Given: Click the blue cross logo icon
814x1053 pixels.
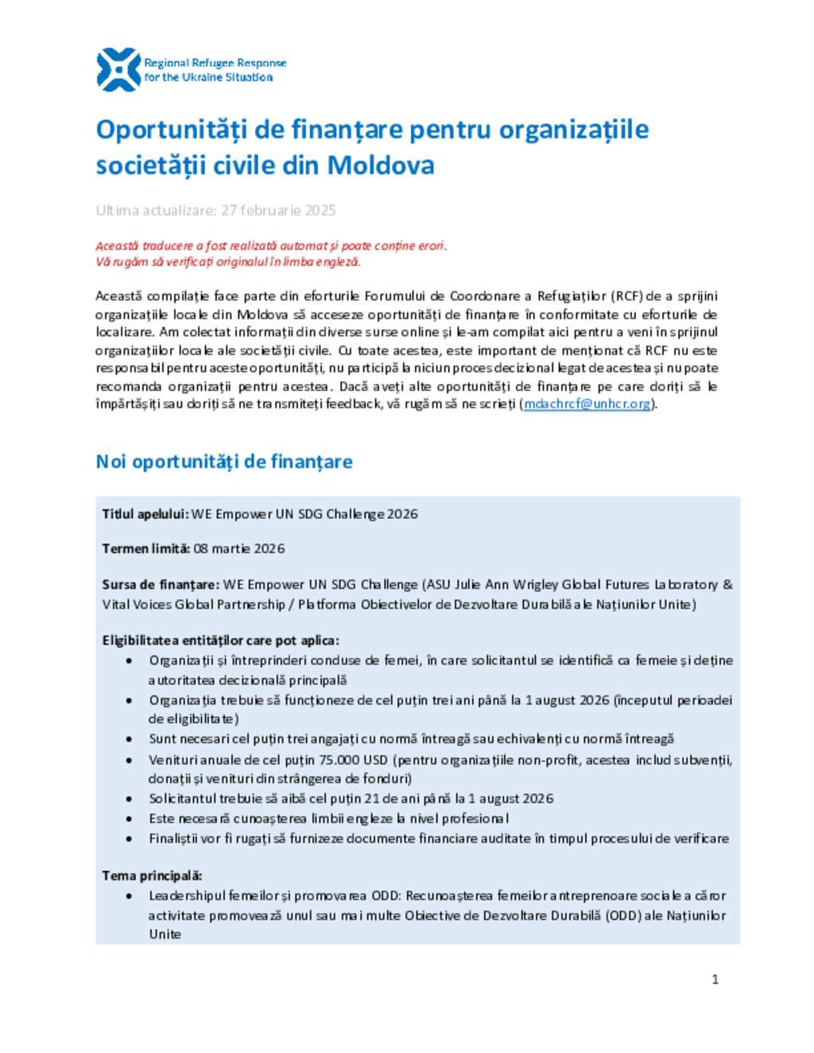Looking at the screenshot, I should click(x=118, y=70).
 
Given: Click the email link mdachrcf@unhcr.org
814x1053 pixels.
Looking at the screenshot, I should click(x=587, y=404).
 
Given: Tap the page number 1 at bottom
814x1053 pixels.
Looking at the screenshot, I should click(x=715, y=979).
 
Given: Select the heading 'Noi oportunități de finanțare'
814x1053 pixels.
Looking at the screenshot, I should click(x=224, y=462).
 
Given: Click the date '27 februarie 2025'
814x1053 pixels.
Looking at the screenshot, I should click(x=278, y=211).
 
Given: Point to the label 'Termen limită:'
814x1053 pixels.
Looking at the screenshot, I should click(x=146, y=548).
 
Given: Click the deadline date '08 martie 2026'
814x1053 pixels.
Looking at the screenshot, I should click(x=239, y=548).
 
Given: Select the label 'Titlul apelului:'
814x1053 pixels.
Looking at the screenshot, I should click(x=145, y=514).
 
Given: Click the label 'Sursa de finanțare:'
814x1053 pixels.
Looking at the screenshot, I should click(x=161, y=584).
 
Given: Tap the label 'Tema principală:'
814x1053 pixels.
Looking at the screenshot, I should click(x=152, y=875).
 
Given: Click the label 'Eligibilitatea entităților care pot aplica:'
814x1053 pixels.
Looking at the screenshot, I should click(x=220, y=640).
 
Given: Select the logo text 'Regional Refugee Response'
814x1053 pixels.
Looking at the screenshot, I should click(x=215, y=63).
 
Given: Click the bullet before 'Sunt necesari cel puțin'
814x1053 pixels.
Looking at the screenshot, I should click(x=129, y=739).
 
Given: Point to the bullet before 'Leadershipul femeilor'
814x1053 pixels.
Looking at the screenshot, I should click(x=129, y=896).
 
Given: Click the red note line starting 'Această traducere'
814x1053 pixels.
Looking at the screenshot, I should click(x=271, y=246).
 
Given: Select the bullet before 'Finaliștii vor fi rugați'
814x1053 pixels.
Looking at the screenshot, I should click(x=129, y=838).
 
